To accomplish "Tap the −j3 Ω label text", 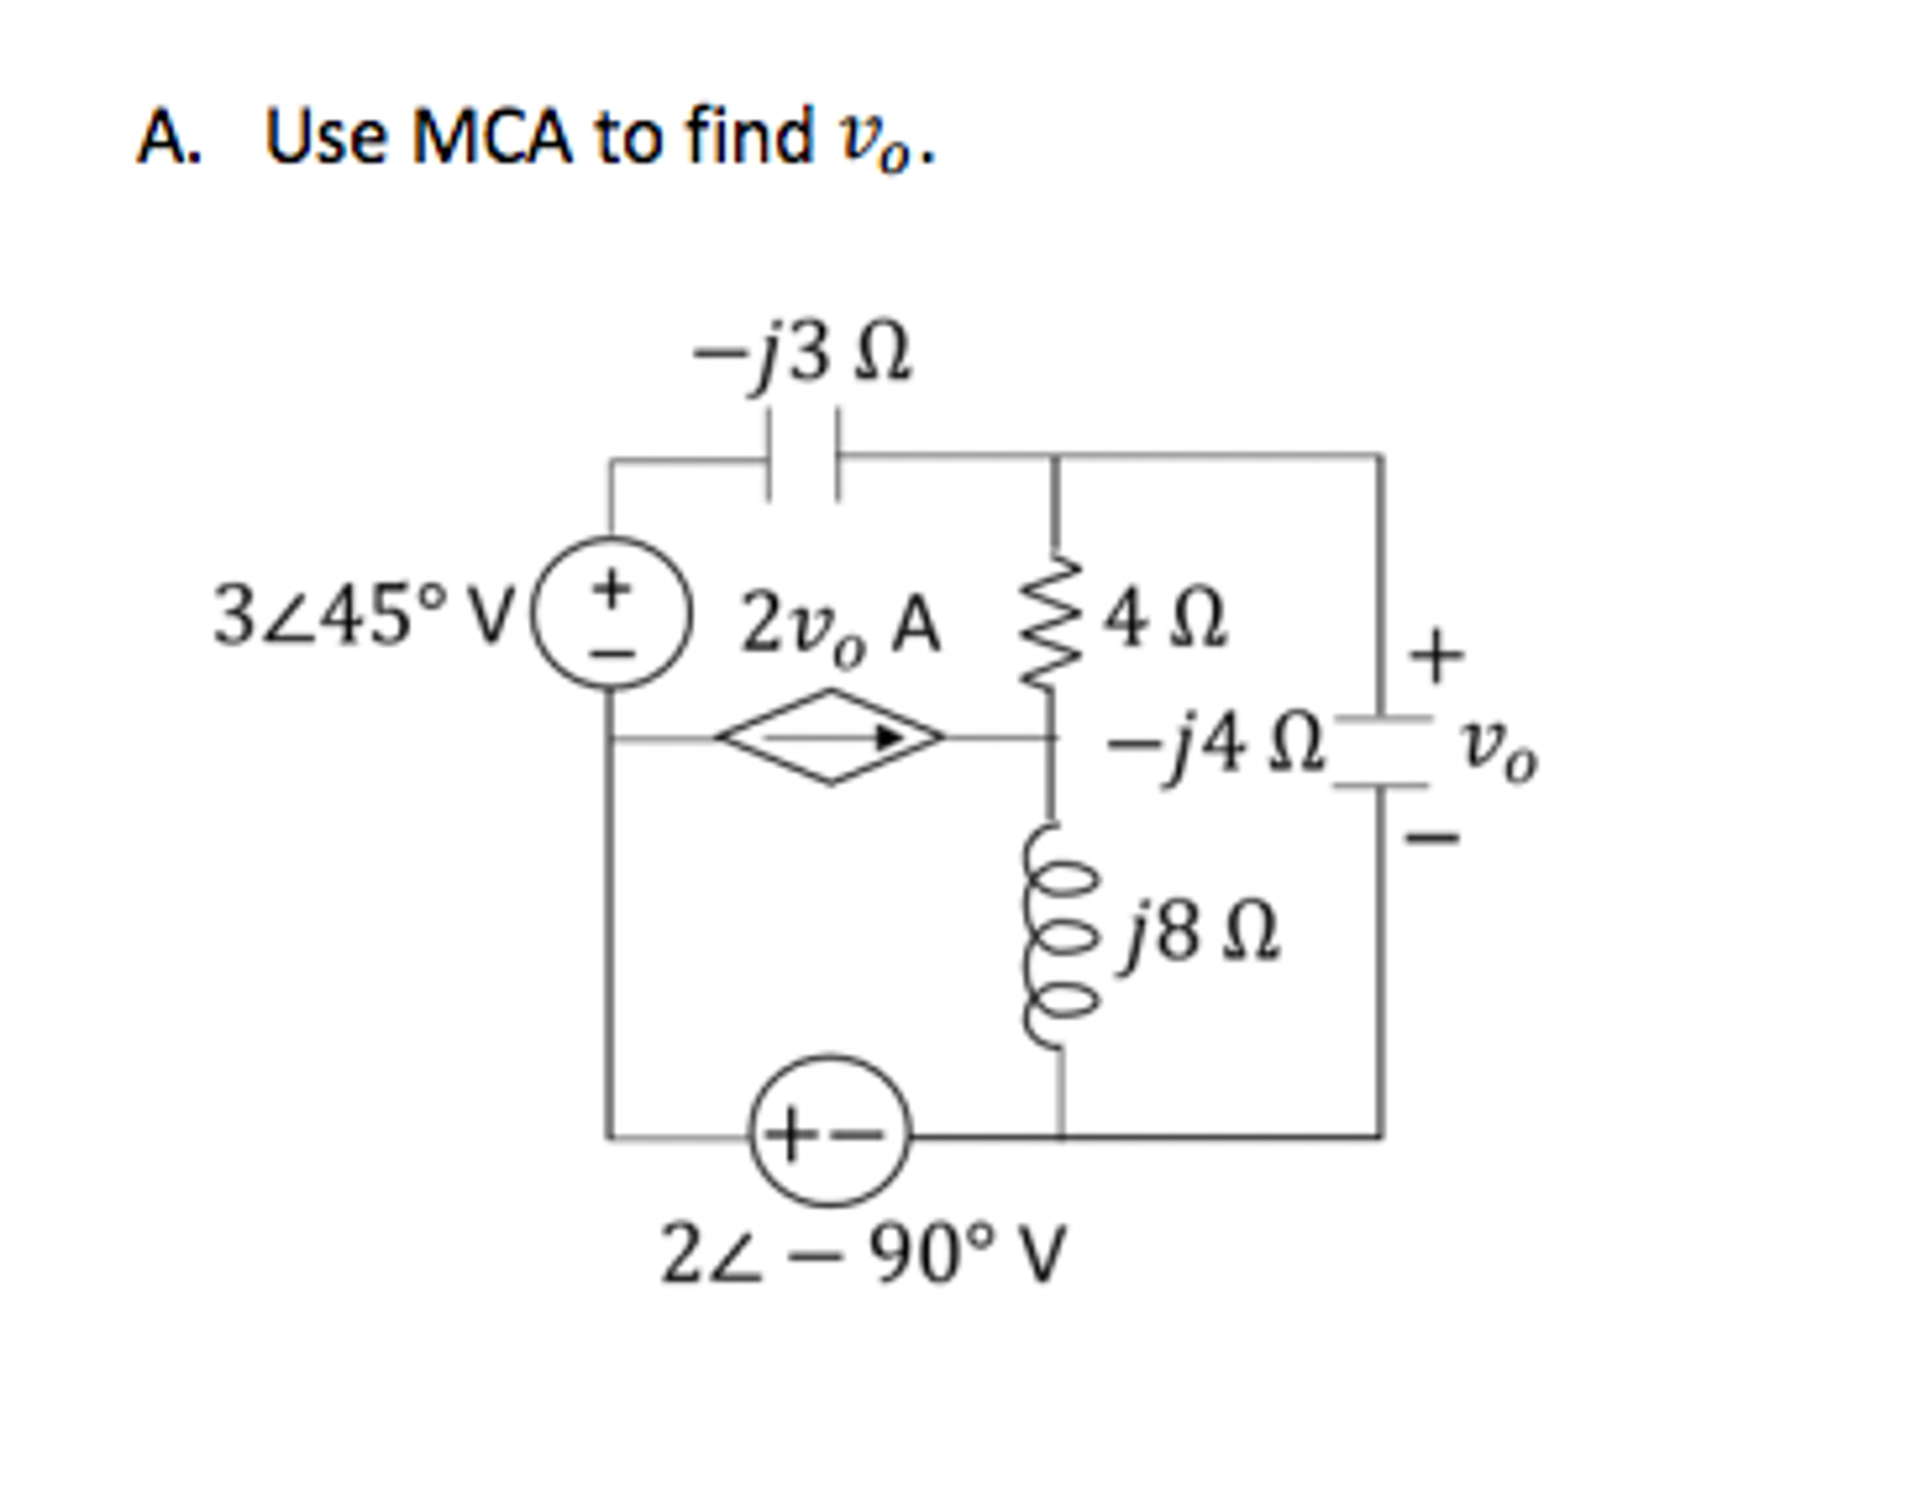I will (802, 356).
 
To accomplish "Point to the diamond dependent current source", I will (830, 738).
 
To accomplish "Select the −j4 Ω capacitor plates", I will (1382, 752).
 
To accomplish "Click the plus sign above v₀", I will (1437, 655).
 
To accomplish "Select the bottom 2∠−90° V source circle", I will (830, 1130).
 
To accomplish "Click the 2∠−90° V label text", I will (862, 1255).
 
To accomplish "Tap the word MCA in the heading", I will (491, 137).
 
